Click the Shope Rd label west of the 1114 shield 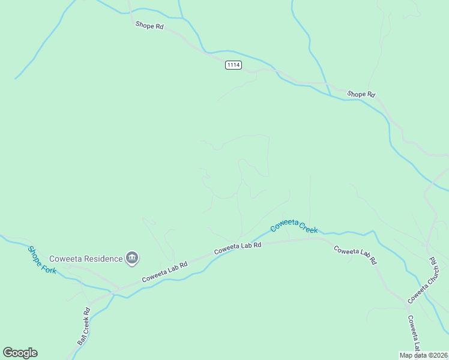pos(149,25)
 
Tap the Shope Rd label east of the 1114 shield pos(361,94)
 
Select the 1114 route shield pos(234,65)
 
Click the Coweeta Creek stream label pos(294,226)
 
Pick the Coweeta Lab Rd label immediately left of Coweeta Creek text pos(238,246)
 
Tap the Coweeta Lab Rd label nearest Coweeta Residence pos(164,272)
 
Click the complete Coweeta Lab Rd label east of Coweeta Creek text pos(355,255)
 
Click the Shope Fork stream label pos(42,260)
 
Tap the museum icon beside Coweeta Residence pos(132,259)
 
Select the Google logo pos(20,353)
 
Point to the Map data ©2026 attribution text pos(424,355)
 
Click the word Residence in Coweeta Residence pos(103,259)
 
